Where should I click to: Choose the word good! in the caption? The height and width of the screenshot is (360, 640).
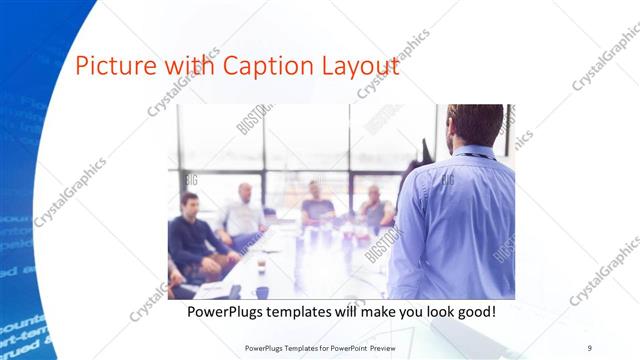[x=474, y=312]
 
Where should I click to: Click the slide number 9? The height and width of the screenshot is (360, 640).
[x=590, y=347]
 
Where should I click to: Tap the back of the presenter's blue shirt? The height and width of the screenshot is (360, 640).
[x=455, y=220]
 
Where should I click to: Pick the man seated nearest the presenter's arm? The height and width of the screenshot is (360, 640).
[x=376, y=207]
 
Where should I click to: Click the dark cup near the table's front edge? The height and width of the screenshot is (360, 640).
[x=262, y=292]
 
